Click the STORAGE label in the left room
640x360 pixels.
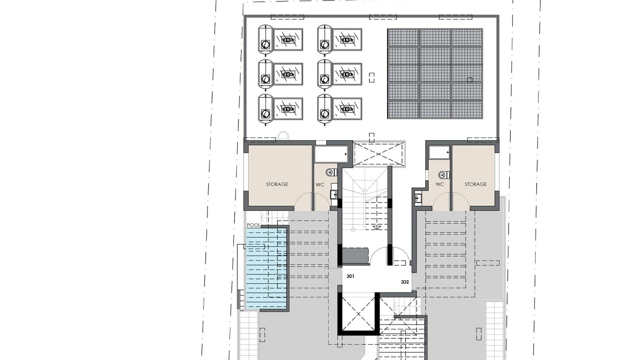277,184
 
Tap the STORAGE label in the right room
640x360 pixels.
475,184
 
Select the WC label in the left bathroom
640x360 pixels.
320,185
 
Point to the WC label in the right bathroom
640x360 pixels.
440,184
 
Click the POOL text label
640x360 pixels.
253,225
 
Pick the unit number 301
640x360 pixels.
350,276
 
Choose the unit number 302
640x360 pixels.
405,282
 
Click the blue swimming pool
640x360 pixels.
266,269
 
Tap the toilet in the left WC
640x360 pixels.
331,172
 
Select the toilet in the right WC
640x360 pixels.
444,175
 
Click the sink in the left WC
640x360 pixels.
333,194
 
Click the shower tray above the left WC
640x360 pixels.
331,154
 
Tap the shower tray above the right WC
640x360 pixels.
439,152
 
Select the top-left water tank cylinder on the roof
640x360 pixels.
266,40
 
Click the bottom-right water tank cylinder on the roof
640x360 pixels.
325,109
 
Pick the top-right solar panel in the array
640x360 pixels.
467,37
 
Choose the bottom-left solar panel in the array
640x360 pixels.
403,110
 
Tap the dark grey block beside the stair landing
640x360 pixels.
355,256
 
